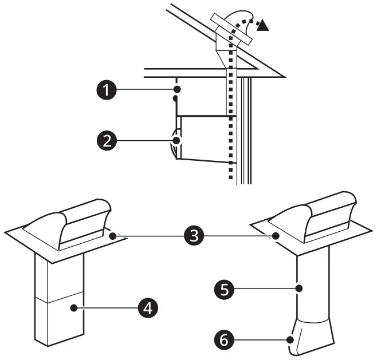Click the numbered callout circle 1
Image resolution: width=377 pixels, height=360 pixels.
pyautogui.click(x=104, y=90)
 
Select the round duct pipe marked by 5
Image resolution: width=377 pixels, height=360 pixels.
pyautogui.click(x=312, y=286)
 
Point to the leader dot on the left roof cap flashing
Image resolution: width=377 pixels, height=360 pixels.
pyautogui.click(x=113, y=235)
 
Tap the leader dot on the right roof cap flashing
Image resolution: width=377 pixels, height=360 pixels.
pyautogui.click(x=276, y=235)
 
